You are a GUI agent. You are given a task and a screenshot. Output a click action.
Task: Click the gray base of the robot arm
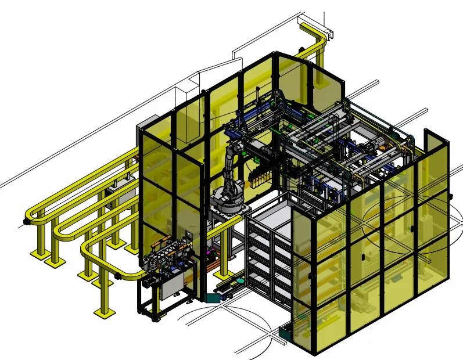(x=228, y=200)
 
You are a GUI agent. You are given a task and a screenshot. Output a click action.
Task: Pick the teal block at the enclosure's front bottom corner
(x=286, y=334)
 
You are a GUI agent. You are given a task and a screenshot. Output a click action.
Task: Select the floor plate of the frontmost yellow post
(x=105, y=314)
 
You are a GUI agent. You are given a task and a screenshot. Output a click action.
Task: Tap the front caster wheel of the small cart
(x=156, y=318)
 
